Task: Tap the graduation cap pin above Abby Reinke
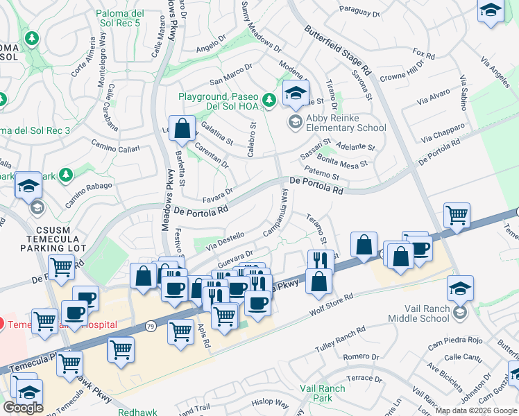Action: [x=296, y=94]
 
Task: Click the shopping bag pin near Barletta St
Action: [x=181, y=129]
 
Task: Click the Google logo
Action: [x=23, y=408]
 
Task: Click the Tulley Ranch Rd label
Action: [x=341, y=340]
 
